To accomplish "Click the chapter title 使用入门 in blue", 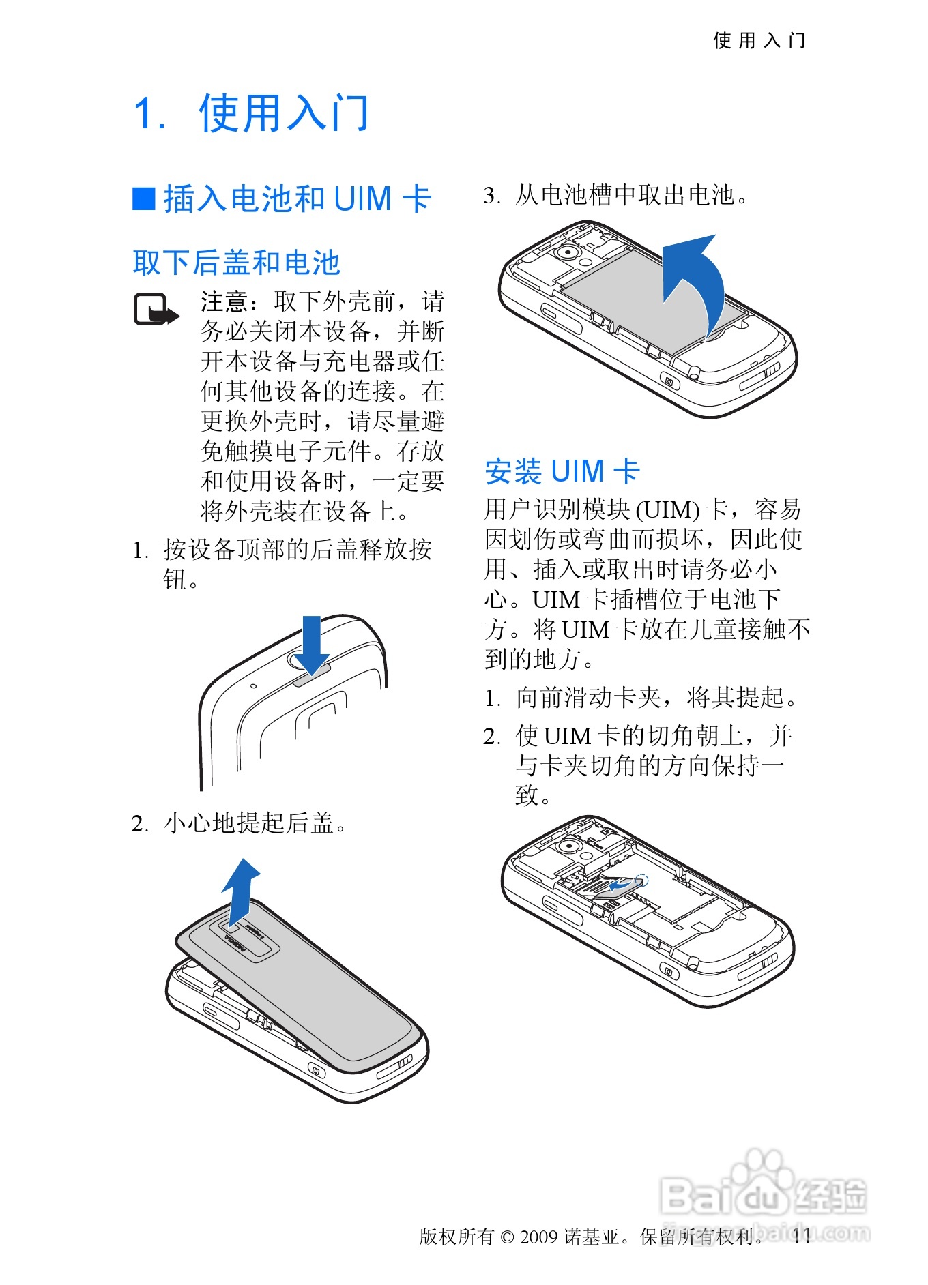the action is (x=283, y=113).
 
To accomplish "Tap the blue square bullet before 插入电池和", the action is (x=143, y=198).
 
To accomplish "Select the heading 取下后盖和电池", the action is (x=236, y=263).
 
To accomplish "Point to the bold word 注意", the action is (x=224, y=301).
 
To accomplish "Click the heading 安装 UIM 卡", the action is (x=562, y=471).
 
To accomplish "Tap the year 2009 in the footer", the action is (x=538, y=1237).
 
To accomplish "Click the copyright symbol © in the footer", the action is (x=507, y=1237).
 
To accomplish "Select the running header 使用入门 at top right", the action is (x=759, y=41).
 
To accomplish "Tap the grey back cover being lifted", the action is (x=307, y=982).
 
